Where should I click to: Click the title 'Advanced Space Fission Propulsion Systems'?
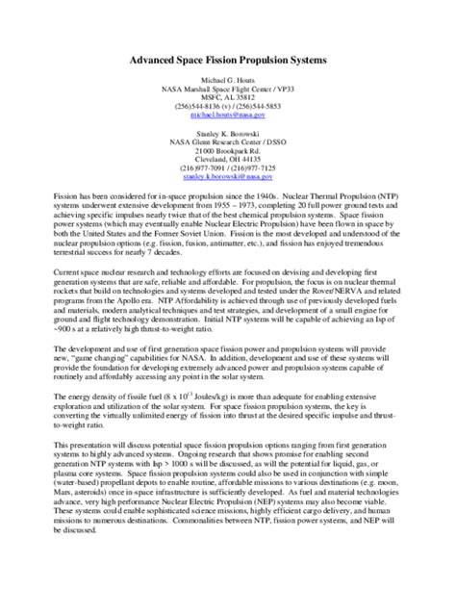[x=228, y=60]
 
